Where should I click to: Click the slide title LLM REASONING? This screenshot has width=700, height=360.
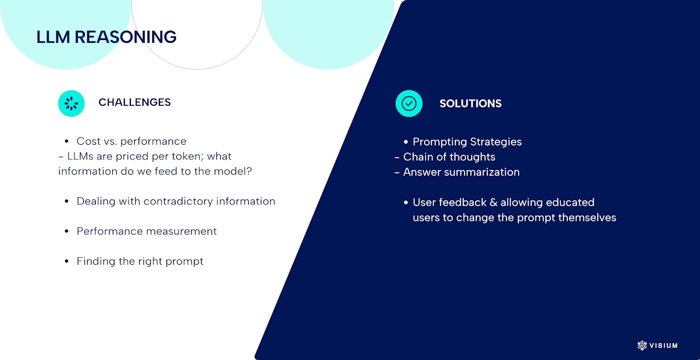(x=106, y=37)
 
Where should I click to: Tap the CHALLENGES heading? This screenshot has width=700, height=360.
(x=134, y=102)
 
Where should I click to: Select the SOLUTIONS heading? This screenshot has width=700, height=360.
(x=471, y=104)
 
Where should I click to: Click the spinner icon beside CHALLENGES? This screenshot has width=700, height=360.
(x=71, y=104)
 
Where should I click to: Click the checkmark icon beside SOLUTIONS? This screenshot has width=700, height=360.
(x=409, y=104)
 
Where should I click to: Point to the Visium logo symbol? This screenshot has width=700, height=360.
(x=642, y=345)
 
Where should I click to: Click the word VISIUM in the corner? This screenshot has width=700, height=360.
(x=663, y=346)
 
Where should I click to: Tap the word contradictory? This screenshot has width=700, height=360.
(x=178, y=201)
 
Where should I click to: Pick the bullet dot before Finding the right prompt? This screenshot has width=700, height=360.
(x=67, y=261)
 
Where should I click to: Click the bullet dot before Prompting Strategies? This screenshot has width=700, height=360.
(x=406, y=142)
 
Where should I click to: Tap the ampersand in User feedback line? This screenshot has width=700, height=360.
(x=494, y=202)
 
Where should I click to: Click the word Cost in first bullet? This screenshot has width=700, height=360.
(x=88, y=141)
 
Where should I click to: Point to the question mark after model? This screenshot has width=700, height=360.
(x=249, y=171)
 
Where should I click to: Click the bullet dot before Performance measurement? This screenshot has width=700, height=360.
(x=67, y=231)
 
